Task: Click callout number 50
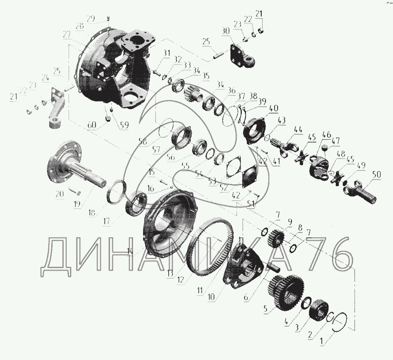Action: click(376, 174)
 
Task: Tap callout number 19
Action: click(77, 204)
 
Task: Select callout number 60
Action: click(91, 125)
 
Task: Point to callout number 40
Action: click(273, 108)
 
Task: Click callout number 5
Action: click(266, 309)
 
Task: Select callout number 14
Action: click(130, 251)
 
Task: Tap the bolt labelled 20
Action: click(74, 191)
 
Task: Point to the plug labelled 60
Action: click(108, 118)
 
